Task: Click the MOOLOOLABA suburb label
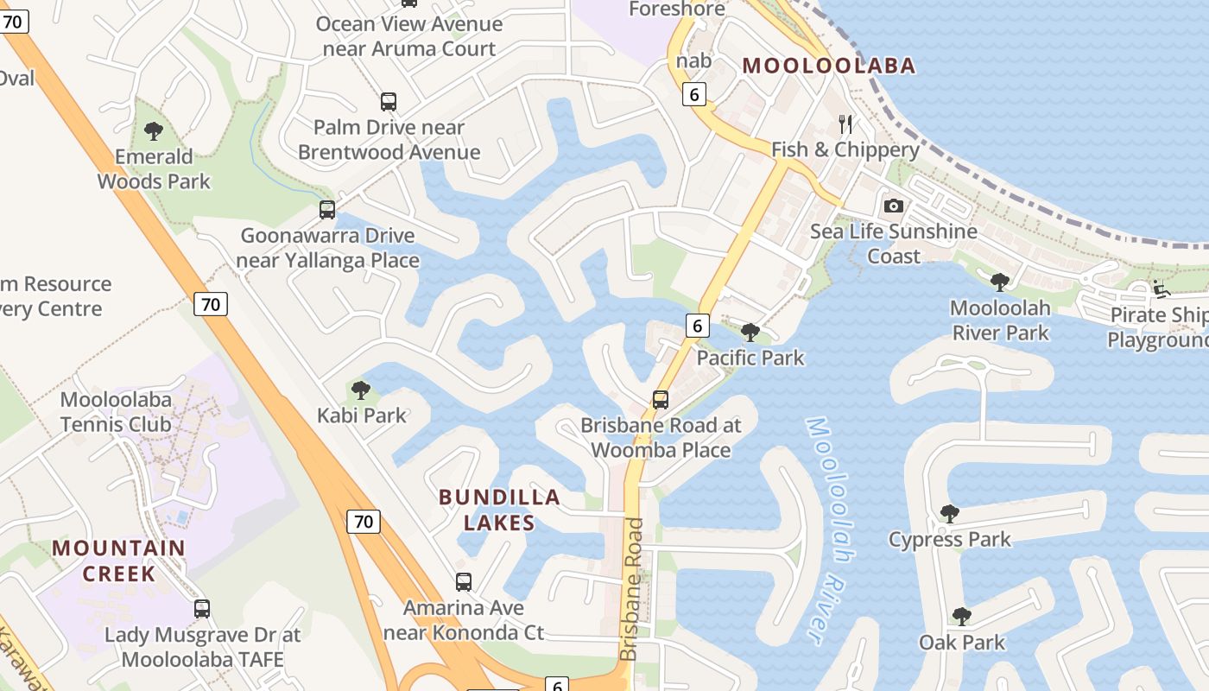[828, 66]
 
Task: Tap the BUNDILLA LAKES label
[499, 510]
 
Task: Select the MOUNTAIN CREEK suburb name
[118, 561]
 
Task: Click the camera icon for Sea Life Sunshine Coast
[893, 206]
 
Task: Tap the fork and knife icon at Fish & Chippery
[845, 124]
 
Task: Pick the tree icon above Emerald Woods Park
[154, 131]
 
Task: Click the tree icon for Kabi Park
[361, 390]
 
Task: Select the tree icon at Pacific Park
[750, 332]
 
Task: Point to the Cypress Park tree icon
[949, 514]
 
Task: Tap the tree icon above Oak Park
[961, 616]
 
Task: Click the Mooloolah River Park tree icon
[1000, 282]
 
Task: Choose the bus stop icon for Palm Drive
[389, 102]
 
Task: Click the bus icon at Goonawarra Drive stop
[326, 209]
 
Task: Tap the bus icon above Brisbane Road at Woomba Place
[661, 400]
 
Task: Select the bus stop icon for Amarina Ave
[464, 582]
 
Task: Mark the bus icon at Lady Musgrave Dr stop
[202, 609]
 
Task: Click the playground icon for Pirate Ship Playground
[1162, 289]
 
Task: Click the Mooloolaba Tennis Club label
[116, 412]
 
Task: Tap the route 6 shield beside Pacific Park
[698, 325]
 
